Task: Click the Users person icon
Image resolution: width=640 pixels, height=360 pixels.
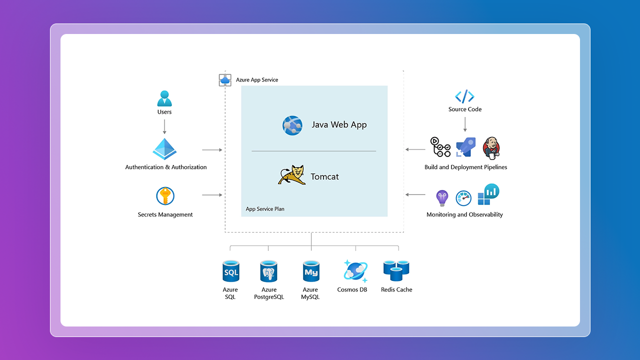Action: pyautogui.click(x=164, y=98)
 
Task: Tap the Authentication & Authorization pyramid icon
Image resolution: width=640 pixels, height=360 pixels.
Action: pyautogui.click(x=165, y=149)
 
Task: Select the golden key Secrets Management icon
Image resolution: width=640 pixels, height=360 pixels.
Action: pyautogui.click(x=165, y=196)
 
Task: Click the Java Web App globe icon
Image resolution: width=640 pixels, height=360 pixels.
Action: pyautogui.click(x=292, y=125)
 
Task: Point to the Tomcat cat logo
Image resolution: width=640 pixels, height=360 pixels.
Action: pyautogui.click(x=291, y=175)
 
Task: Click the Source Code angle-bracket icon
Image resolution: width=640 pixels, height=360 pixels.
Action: pyautogui.click(x=464, y=96)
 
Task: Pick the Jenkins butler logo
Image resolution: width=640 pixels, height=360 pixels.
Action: pyautogui.click(x=491, y=147)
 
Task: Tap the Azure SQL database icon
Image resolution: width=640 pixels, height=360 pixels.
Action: pyautogui.click(x=230, y=271)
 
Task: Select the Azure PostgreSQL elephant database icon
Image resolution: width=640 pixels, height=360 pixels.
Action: pyautogui.click(x=268, y=271)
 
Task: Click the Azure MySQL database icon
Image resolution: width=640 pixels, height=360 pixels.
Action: pyautogui.click(x=310, y=271)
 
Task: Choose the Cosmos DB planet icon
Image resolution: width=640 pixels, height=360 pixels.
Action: pyautogui.click(x=355, y=271)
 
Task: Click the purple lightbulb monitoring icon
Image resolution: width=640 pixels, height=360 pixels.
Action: pyautogui.click(x=442, y=198)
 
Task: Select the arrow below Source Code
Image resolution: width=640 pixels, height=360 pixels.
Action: pyautogui.click(x=465, y=124)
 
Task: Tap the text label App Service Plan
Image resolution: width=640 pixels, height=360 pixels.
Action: pyautogui.click(x=265, y=209)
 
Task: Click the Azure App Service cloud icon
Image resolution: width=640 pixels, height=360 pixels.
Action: pyautogui.click(x=225, y=80)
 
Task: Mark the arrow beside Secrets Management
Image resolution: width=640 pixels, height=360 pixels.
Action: pyautogui.click(x=212, y=195)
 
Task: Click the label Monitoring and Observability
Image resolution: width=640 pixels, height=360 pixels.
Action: pyautogui.click(x=464, y=214)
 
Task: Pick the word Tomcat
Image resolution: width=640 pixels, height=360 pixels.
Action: pyautogui.click(x=324, y=176)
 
